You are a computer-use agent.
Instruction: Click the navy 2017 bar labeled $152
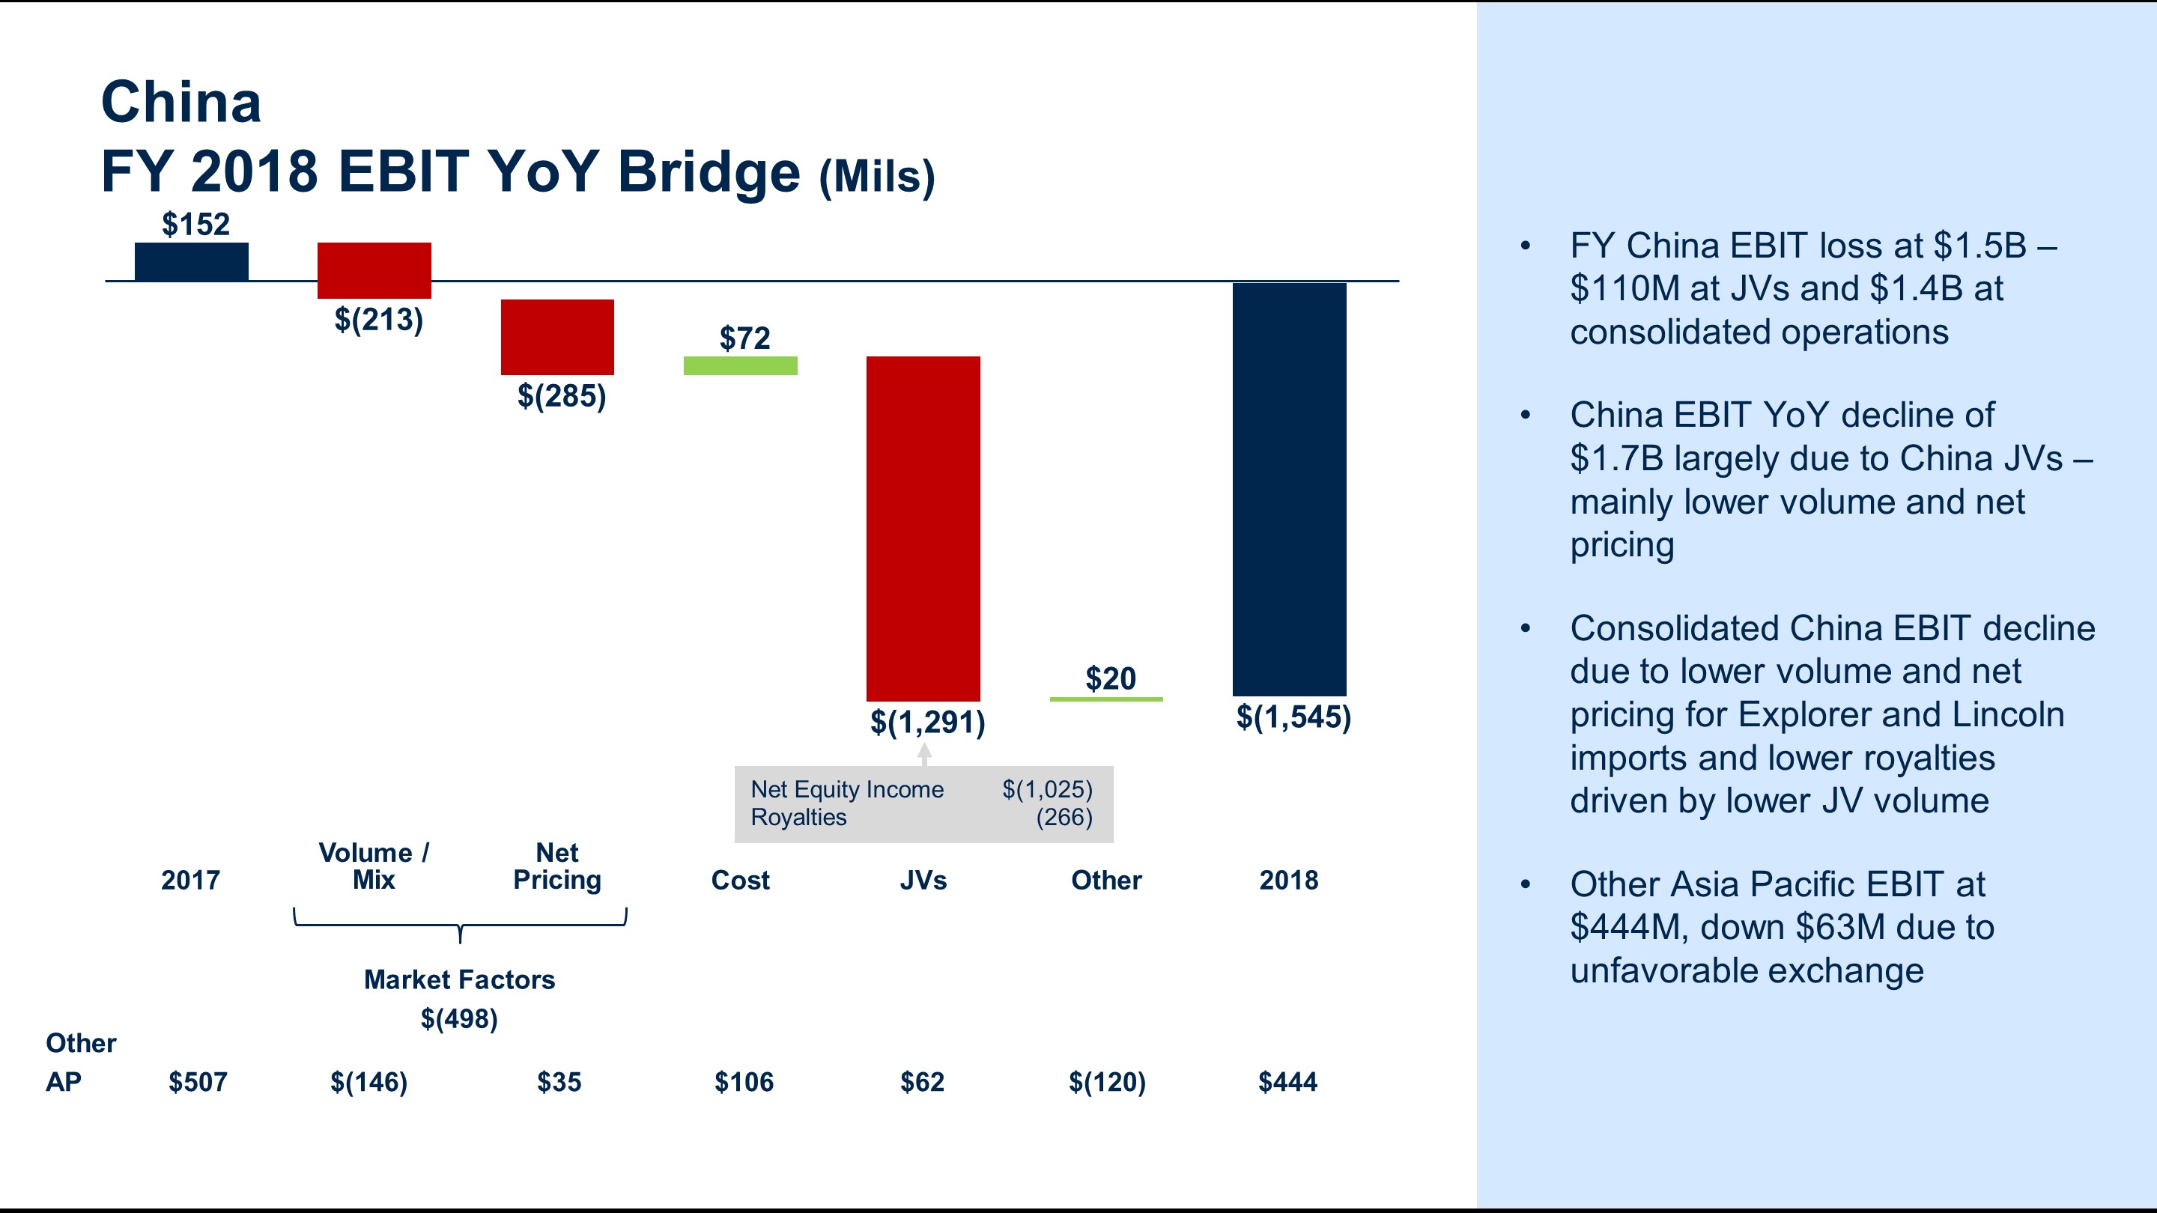pos(191,261)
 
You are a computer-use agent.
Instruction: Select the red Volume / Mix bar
pos(374,270)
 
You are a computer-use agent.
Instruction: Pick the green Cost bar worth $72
pos(740,366)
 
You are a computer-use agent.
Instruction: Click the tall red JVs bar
pos(923,527)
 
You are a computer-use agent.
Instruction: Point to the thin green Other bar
pos(1106,699)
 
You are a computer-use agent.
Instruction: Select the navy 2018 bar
pos(1289,490)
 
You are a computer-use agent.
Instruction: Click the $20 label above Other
pos(1110,678)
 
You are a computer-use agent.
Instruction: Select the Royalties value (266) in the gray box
pos(1064,817)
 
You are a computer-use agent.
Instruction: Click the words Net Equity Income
pos(846,789)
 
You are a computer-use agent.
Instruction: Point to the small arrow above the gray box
pos(923,753)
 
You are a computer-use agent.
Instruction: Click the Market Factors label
pos(459,979)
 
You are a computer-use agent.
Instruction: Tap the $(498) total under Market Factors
pos(459,1019)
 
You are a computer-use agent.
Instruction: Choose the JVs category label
pos(923,880)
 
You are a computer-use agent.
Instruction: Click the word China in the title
pos(180,102)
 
